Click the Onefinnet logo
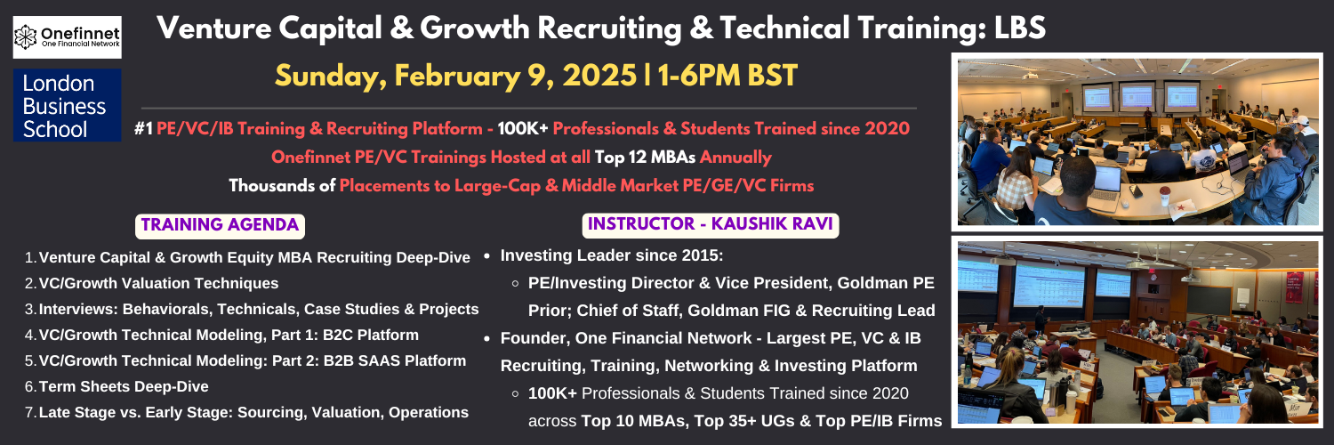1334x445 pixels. [x=68, y=36]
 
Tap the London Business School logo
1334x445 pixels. [x=68, y=105]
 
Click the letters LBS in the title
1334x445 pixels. [x=1019, y=28]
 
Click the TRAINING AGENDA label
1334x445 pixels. [x=220, y=225]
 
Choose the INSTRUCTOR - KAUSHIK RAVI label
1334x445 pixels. [x=711, y=224]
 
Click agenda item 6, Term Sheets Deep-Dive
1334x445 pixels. [x=124, y=386]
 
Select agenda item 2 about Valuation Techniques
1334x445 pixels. [x=158, y=284]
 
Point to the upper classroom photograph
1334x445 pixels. [x=1137, y=142]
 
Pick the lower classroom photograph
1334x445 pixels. [x=1137, y=332]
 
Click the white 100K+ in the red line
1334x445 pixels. [x=522, y=129]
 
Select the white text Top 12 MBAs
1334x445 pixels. [x=645, y=158]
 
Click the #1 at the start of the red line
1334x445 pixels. [x=143, y=129]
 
